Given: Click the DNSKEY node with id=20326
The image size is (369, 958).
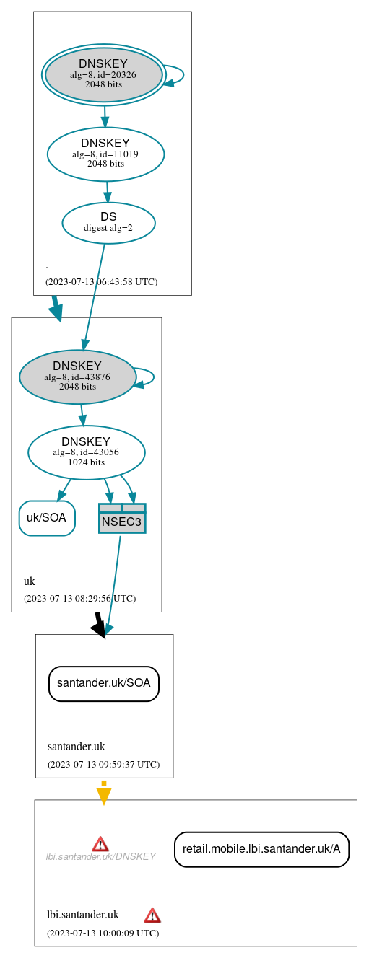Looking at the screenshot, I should tap(103, 74).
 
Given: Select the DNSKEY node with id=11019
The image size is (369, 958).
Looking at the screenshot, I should tap(105, 154).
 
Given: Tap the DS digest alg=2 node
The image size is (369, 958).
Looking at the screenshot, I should tap(108, 222).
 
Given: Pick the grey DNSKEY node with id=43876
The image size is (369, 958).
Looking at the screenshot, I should tap(77, 377).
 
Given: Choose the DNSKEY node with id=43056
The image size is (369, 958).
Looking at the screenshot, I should tap(86, 452).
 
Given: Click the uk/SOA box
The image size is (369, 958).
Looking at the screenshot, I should tap(47, 518).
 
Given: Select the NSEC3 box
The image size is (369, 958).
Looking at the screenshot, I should tap(122, 519).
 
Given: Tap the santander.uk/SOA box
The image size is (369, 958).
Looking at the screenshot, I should tap(103, 683).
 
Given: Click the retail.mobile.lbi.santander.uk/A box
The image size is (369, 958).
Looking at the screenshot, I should tap(261, 849).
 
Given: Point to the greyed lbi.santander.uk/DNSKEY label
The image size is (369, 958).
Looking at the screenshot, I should tap(100, 857).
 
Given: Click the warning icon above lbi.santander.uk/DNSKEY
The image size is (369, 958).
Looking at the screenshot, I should tap(100, 843).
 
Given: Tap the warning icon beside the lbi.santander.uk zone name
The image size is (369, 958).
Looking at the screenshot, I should tap(152, 915).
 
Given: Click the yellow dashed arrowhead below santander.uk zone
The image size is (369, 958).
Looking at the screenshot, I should tap(104, 795).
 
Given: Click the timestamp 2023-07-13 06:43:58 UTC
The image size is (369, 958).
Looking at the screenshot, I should tap(101, 281).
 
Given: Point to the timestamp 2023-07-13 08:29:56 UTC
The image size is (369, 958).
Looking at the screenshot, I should tap(79, 598).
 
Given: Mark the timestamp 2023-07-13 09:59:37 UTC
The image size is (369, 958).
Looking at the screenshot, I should tap(103, 764).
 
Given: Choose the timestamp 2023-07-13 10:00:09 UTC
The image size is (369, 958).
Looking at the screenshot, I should tap(103, 933).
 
